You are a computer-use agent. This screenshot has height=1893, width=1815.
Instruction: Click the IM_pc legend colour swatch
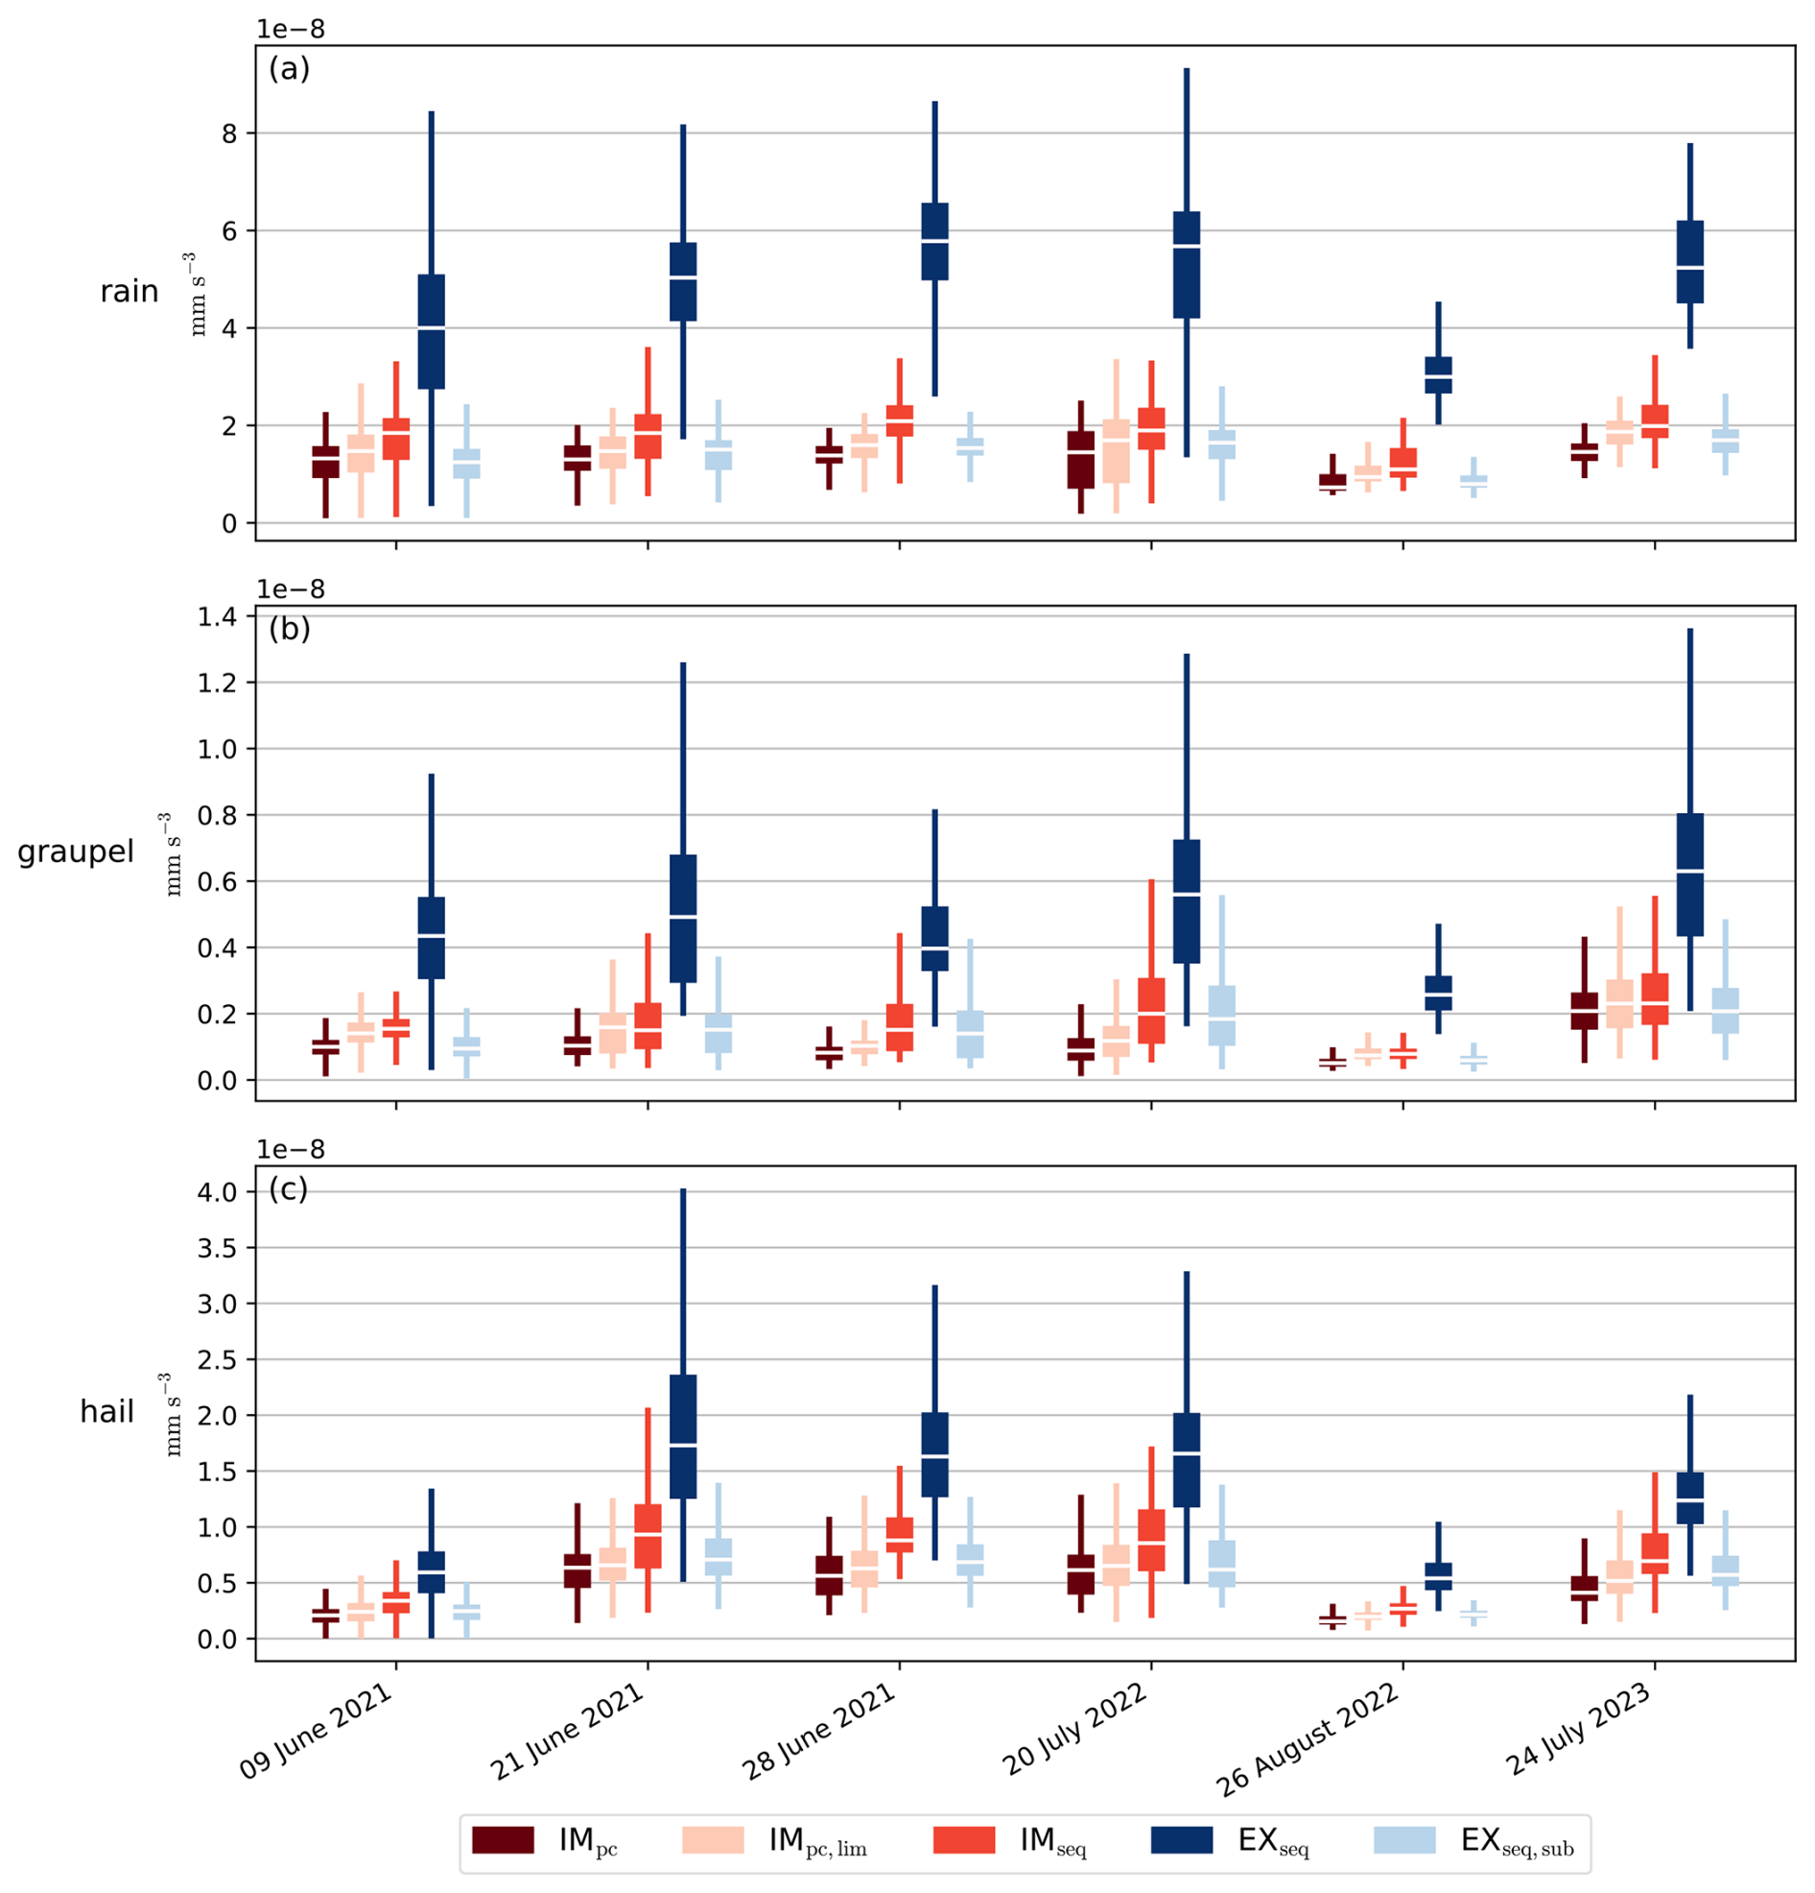pyautogui.click(x=502, y=1840)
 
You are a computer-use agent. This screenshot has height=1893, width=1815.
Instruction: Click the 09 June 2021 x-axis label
pyautogui.click(x=318, y=1731)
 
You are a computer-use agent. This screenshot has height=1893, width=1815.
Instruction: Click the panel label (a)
pyautogui.click(x=289, y=68)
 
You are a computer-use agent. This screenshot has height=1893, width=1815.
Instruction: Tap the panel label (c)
pyautogui.click(x=289, y=1189)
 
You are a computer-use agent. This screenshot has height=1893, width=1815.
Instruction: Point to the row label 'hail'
pyautogui.click(x=106, y=1412)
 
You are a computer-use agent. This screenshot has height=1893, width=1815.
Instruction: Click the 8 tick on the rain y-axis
pyautogui.click(x=229, y=133)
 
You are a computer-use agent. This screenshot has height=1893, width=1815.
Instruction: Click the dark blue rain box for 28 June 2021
pyautogui.click(x=934, y=242)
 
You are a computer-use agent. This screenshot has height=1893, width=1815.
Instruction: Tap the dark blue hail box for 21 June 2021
pyautogui.click(x=683, y=1436)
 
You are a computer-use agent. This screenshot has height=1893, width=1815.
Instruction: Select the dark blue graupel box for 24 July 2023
pyautogui.click(x=1689, y=875)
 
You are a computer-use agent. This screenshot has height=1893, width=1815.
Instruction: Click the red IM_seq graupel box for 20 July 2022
pyautogui.click(x=1151, y=1010)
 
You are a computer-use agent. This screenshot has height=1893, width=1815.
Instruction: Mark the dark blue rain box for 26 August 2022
pyautogui.click(x=1438, y=374)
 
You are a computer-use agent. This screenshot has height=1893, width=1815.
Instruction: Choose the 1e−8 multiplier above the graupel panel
pyautogui.click(x=291, y=589)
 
